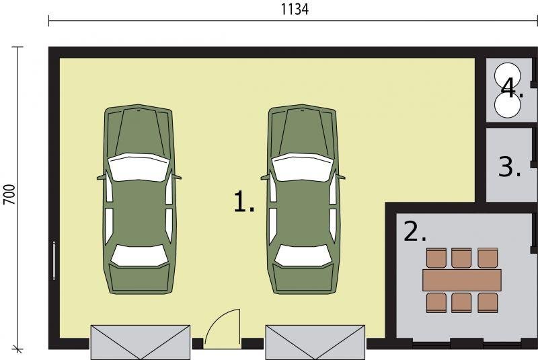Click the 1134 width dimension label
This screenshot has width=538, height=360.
click(x=295, y=9)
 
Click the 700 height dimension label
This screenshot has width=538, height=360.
click(x=9, y=194)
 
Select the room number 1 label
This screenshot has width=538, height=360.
click(x=244, y=201)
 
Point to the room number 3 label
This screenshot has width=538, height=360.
click(x=510, y=167)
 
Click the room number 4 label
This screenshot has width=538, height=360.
click(x=512, y=88)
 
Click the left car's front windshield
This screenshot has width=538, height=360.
click(x=139, y=167)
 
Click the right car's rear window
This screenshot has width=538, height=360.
click(x=303, y=255)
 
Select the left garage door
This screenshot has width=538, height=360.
click(x=141, y=342)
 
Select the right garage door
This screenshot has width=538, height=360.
click(x=315, y=342)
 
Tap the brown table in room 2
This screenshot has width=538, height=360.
click(x=462, y=280)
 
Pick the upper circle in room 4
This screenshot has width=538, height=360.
click(x=508, y=75)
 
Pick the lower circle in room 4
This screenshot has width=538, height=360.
click(x=508, y=105)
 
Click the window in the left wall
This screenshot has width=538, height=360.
click(x=54, y=260)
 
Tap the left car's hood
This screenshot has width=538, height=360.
click(x=139, y=131)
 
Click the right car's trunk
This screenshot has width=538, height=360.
click(x=303, y=279)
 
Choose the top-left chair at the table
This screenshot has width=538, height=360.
click(x=436, y=258)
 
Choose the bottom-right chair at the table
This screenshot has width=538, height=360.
click(x=488, y=302)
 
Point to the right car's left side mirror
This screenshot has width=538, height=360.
click(x=264, y=178)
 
